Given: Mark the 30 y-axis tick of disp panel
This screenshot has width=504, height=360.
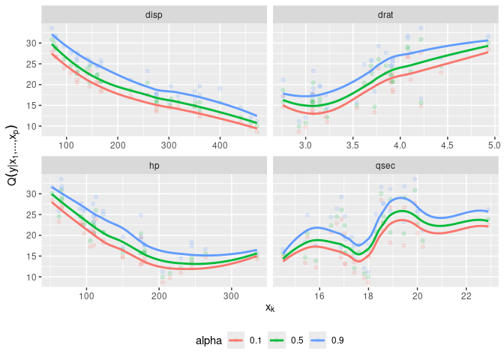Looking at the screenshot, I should (x=31, y=43).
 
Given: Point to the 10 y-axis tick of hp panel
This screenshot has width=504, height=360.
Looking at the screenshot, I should (x=31, y=277).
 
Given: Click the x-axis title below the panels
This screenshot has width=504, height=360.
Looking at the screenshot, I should (x=270, y=307).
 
